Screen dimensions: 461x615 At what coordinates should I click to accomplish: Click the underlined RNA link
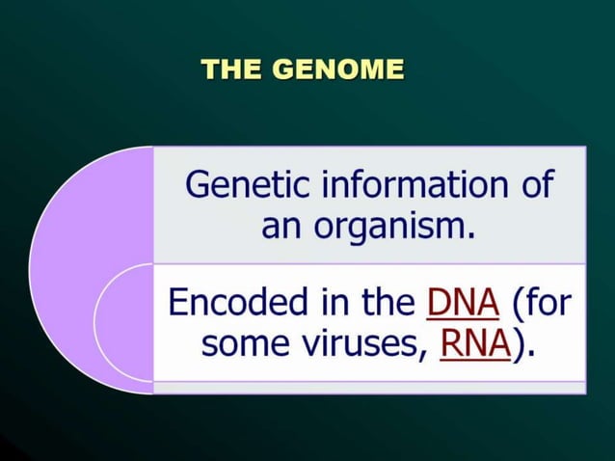pyautogui.click(x=474, y=344)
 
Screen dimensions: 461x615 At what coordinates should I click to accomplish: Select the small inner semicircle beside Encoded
pyautogui.click(x=125, y=323)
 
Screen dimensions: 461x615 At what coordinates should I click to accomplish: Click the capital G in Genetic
pyautogui.click(x=196, y=183)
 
